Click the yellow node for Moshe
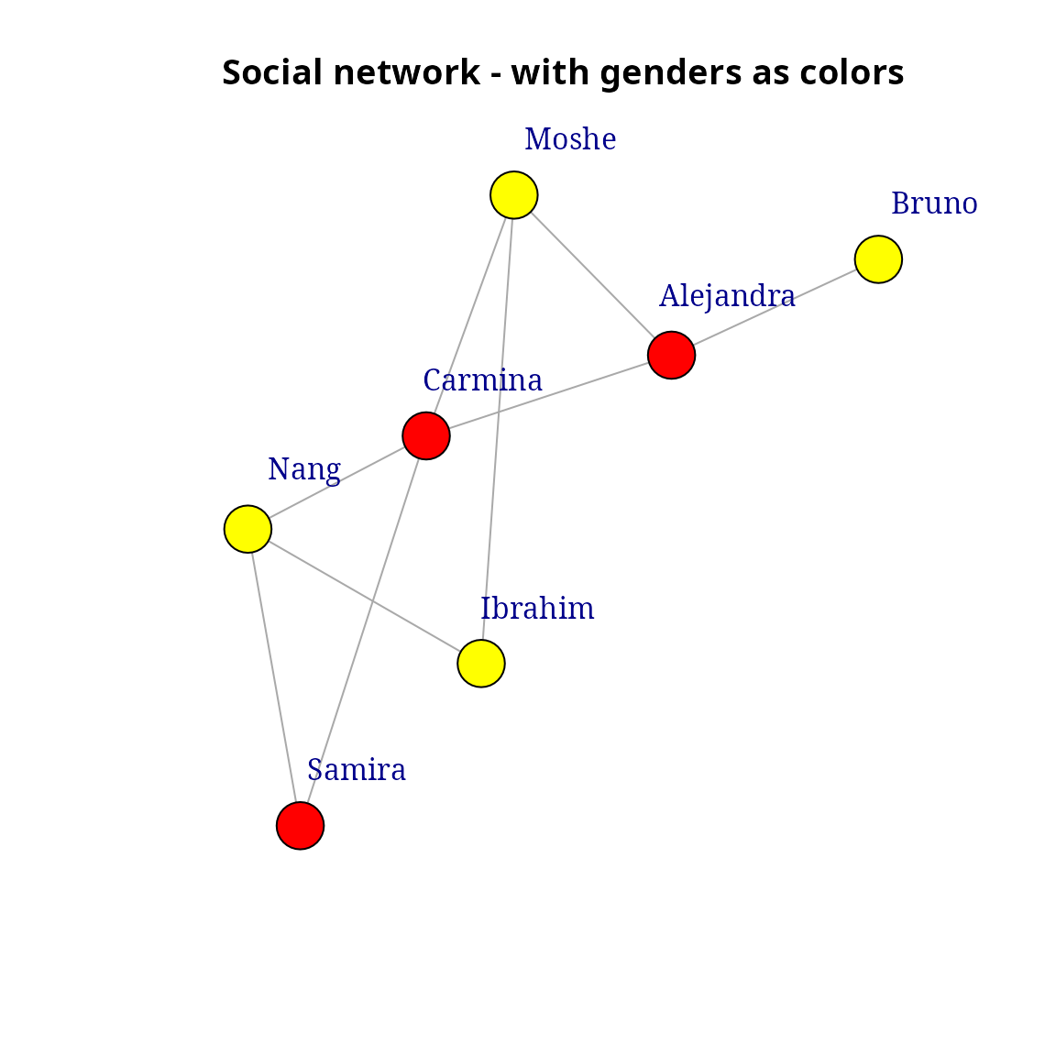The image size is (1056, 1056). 513,195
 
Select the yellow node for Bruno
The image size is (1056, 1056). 878,259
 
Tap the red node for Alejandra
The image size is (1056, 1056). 671,355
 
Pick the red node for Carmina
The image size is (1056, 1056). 426,435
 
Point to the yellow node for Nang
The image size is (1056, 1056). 247,529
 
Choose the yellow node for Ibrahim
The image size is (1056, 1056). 481,664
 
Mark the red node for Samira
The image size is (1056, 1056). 301,826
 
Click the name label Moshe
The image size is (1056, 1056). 570,140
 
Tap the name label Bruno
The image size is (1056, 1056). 934,204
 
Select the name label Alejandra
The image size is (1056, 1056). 727,297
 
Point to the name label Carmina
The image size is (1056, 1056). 482,380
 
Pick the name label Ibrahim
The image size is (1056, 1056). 538,610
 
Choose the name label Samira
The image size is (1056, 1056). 357,771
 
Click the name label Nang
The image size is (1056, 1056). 304,470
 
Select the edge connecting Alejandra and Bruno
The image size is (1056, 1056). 775,307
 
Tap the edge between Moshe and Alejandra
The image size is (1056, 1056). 592,275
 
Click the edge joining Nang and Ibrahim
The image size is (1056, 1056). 364,596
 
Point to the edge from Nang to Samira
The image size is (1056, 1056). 274,677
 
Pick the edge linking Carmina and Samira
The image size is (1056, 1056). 363,631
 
